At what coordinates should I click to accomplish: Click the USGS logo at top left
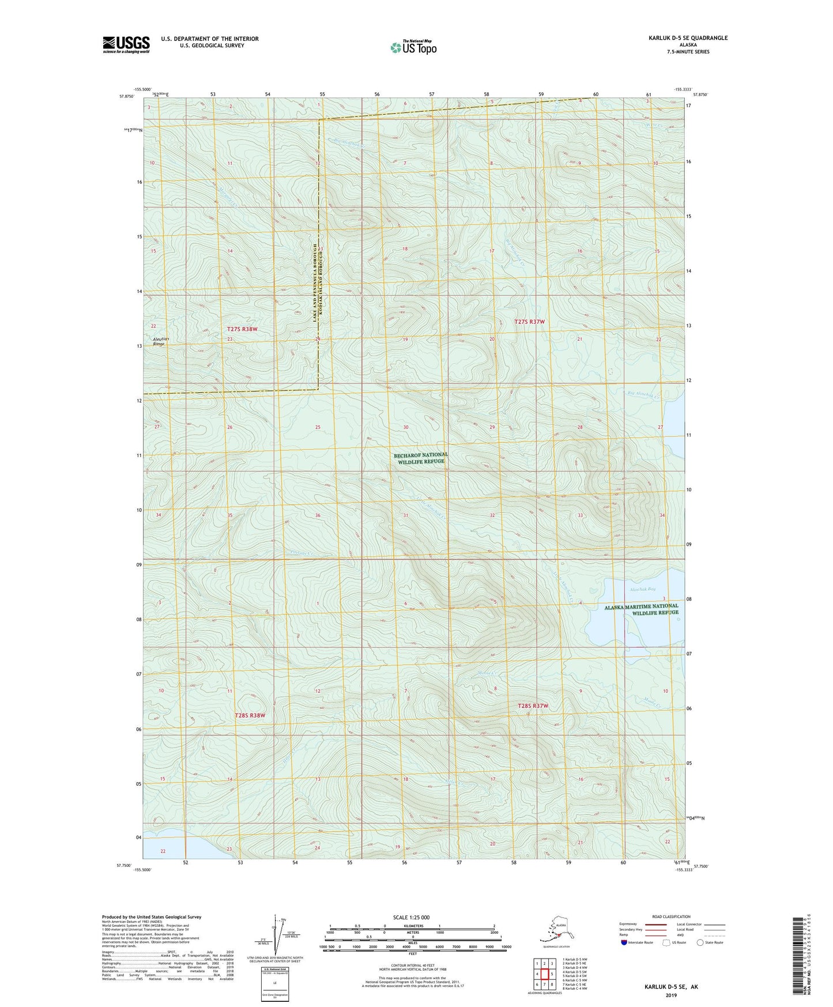tap(126, 44)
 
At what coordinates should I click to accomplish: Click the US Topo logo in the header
tap(413, 47)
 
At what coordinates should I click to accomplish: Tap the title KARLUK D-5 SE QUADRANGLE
tap(688, 38)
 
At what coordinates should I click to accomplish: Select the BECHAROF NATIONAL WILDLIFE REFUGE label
tap(420, 458)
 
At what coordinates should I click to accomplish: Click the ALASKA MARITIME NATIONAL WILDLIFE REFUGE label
tap(641, 610)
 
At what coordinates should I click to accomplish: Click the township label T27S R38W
tap(242, 329)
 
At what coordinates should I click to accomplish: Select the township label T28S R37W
tap(533, 706)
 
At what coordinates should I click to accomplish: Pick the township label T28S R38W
tap(250, 715)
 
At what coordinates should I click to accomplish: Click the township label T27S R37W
tap(529, 322)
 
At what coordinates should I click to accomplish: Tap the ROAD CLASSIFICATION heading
tap(672, 916)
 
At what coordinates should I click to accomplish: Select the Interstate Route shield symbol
tap(624, 942)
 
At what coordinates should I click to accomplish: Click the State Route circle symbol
tap(700, 942)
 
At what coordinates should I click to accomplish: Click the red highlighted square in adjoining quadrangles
tap(544, 974)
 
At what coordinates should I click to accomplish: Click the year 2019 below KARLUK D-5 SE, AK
tap(671, 995)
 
